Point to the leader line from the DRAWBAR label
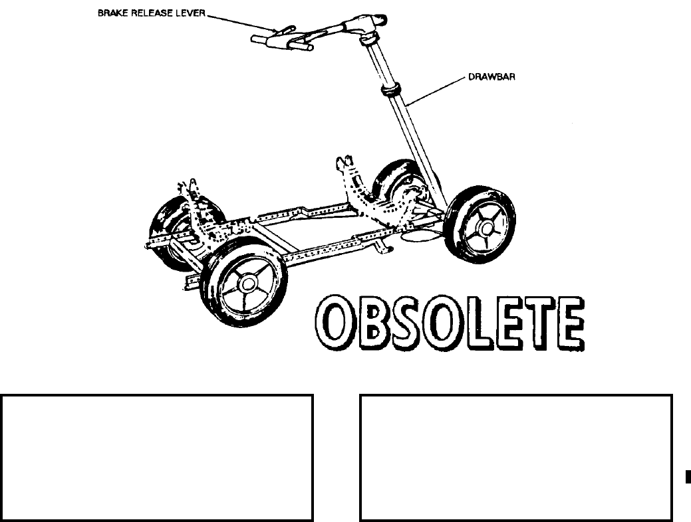coord(439,90)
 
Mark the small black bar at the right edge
coord(688,476)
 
